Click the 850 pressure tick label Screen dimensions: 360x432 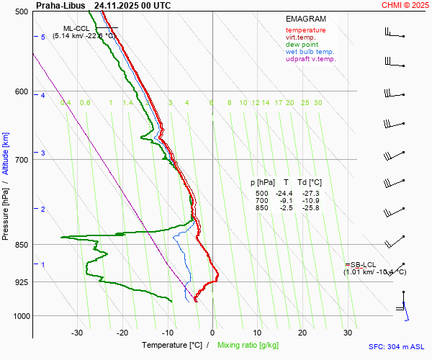[x=21, y=246]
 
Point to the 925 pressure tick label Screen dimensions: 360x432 [x=21, y=282]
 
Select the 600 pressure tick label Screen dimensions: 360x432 [x=21, y=92]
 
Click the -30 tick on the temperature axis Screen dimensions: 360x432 [x=77, y=333]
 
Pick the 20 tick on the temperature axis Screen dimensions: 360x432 [x=302, y=333]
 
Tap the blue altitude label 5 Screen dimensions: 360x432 [x=42, y=37]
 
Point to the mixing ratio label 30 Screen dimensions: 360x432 [x=318, y=103]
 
